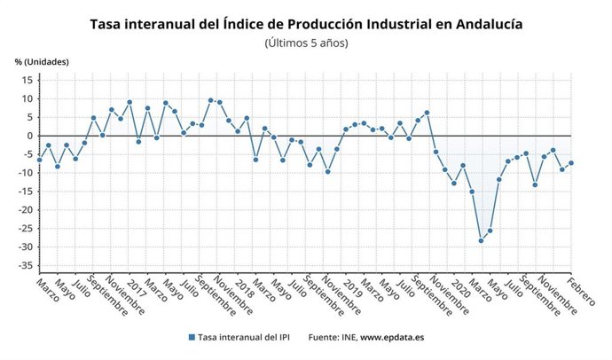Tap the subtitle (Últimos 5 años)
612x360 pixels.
click(x=306, y=43)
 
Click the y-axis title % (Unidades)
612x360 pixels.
click(x=42, y=61)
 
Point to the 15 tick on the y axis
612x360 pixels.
click(x=27, y=80)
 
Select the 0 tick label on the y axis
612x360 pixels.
click(x=29, y=136)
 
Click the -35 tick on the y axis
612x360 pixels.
click(x=24, y=265)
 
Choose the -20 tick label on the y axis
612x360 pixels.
click(x=24, y=210)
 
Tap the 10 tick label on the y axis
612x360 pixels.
click(x=27, y=98)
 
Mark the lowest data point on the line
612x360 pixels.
click(x=481, y=240)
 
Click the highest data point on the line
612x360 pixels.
click(x=210, y=100)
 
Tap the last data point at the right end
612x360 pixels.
click(x=571, y=162)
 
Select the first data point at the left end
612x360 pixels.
click(x=39, y=160)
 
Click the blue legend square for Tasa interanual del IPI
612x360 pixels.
click(x=191, y=337)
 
